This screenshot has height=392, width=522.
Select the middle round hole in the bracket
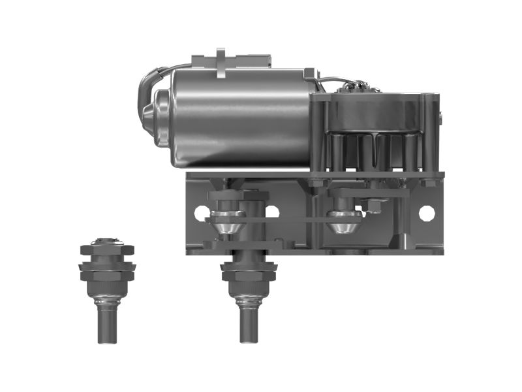(x=272, y=212)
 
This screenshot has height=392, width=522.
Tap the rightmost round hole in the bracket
(x=426, y=212)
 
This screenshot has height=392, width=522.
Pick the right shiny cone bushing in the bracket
(x=344, y=225)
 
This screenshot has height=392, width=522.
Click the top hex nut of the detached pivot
(x=107, y=250)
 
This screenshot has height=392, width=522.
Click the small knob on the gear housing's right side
(x=442, y=118)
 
